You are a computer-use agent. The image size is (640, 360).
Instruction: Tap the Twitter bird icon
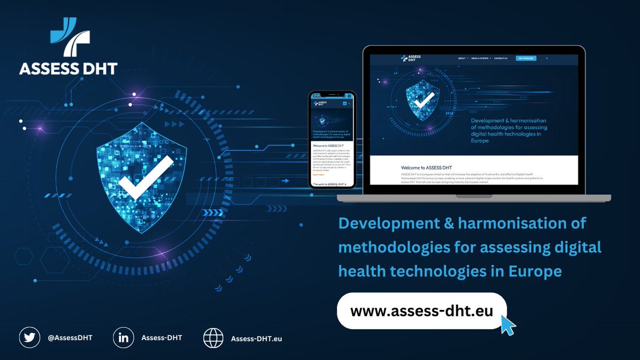(x=29, y=338)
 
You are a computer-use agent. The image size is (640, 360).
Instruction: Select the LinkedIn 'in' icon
(x=124, y=338)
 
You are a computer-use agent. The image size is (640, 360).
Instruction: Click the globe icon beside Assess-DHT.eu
(x=213, y=338)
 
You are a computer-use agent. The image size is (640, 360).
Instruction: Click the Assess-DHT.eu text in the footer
(x=256, y=338)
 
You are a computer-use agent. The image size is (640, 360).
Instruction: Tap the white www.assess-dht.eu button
(x=421, y=310)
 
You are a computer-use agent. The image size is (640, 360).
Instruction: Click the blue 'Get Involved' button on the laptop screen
(x=525, y=58)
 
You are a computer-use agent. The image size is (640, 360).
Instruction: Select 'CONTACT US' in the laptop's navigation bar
(x=501, y=58)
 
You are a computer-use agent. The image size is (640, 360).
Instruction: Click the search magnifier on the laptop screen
(x=547, y=58)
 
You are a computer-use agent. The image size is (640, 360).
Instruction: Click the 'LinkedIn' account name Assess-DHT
(x=162, y=338)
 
